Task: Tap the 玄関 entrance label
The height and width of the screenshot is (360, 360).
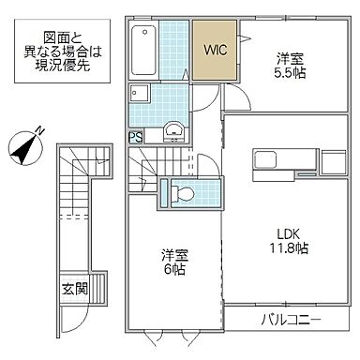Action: tap(74, 289)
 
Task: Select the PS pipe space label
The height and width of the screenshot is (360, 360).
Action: tap(135, 138)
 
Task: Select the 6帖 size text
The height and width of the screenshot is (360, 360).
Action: tap(170, 267)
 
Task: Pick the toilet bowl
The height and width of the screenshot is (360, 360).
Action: tap(184, 194)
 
